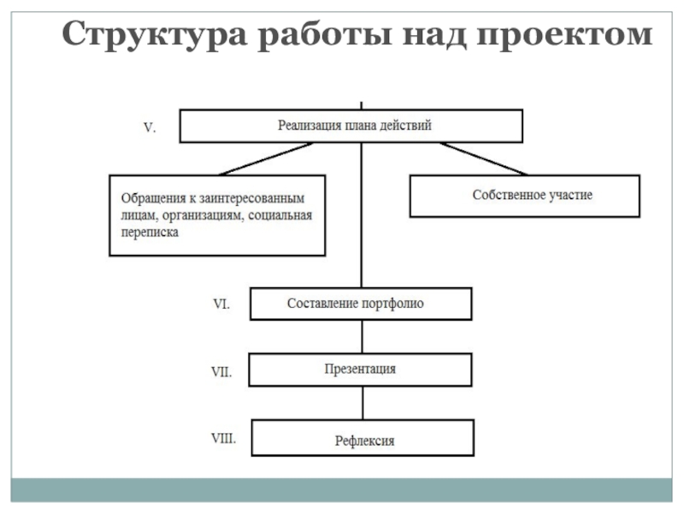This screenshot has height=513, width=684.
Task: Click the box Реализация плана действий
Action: (x=351, y=126)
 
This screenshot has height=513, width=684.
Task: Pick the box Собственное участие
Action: (x=525, y=196)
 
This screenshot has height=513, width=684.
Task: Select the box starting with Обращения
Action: (x=217, y=216)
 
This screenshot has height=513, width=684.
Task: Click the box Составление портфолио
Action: (x=360, y=304)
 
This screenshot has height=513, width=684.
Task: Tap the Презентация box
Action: (x=360, y=369)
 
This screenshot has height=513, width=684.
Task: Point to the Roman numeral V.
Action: (x=149, y=127)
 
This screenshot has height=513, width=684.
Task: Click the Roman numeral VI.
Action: (x=220, y=304)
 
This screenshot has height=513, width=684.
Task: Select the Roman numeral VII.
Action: (x=222, y=372)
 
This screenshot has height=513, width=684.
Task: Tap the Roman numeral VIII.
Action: (x=224, y=439)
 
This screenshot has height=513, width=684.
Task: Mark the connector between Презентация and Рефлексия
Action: (x=362, y=402)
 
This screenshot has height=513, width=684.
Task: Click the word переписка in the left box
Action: (x=150, y=233)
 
